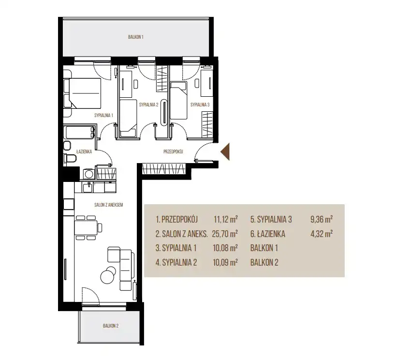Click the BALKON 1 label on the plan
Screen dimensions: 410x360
(x=135, y=37)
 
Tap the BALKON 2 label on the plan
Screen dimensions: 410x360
(x=111, y=326)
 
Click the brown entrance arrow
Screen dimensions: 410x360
(x=225, y=151)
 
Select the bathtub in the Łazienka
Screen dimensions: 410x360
(x=79, y=133)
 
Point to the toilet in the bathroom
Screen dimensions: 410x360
(x=70, y=158)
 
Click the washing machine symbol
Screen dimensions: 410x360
(x=89, y=174)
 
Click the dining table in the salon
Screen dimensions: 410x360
(x=86, y=227)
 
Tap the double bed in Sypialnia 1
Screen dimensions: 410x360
(x=82, y=93)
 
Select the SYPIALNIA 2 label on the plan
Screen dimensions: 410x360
(x=148, y=105)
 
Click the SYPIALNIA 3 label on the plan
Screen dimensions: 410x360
(x=200, y=105)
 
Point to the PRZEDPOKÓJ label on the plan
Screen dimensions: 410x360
(x=173, y=151)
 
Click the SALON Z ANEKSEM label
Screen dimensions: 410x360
(x=108, y=205)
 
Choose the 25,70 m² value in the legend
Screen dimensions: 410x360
(x=225, y=234)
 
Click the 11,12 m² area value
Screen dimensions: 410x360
(x=225, y=219)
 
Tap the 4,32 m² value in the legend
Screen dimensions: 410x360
(x=322, y=233)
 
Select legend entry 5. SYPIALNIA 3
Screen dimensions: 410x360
(x=271, y=220)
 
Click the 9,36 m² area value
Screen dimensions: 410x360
(x=322, y=219)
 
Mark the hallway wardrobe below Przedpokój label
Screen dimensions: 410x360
(x=164, y=168)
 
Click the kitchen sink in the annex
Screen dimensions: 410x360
(x=88, y=187)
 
